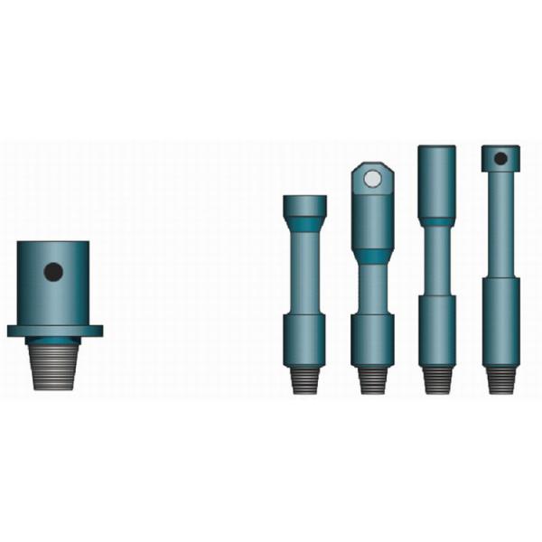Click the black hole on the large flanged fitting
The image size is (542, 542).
click(x=53, y=271)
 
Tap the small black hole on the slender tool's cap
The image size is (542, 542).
click(x=500, y=159)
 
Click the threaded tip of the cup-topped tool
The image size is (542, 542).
click(x=304, y=380)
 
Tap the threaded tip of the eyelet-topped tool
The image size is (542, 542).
click(x=371, y=380)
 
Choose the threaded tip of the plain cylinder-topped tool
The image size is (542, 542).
click(x=436, y=380)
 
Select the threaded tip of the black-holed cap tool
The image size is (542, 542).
click(x=500, y=380)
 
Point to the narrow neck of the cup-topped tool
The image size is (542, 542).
click(x=304, y=271)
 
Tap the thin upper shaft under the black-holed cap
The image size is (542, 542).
click(x=500, y=226)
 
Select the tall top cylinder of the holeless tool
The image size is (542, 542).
click(x=436, y=181)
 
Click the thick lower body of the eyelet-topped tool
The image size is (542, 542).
click(x=371, y=340)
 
